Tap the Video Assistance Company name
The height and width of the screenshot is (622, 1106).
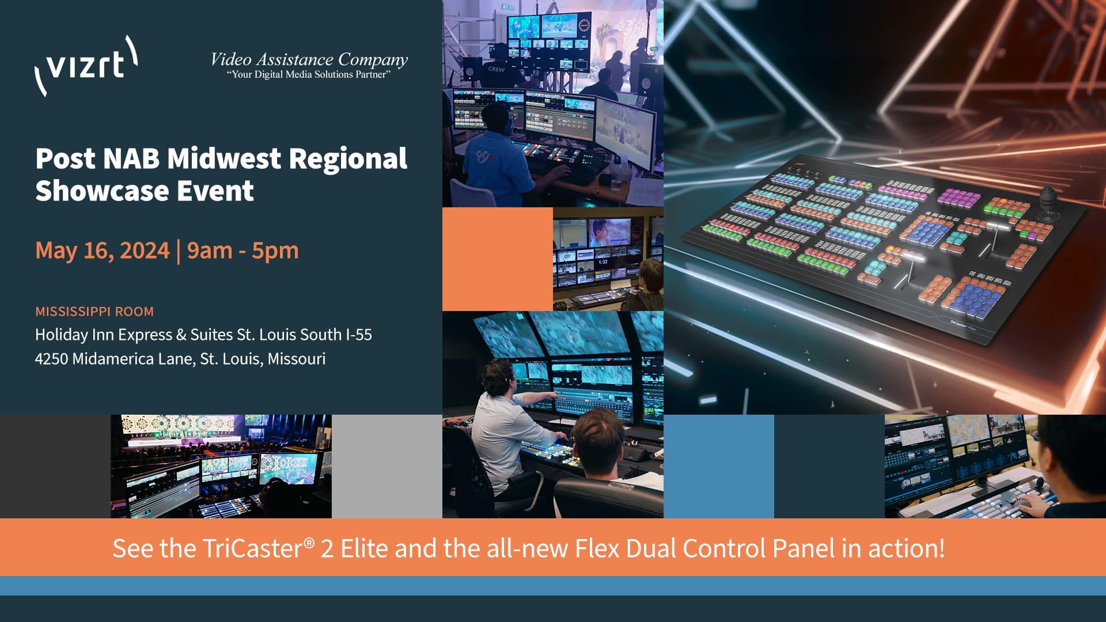(309, 59)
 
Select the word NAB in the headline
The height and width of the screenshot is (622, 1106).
(131, 158)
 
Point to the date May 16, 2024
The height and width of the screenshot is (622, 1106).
(103, 251)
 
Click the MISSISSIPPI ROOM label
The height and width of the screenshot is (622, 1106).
(94, 312)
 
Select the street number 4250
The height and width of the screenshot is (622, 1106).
(51, 359)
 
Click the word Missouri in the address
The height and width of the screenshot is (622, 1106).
(297, 359)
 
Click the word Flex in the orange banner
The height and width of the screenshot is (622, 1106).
(597, 548)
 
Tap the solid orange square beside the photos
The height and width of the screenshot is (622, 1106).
(498, 259)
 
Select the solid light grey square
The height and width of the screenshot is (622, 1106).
(387, 466)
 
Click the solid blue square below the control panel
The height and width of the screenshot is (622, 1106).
(719, 466)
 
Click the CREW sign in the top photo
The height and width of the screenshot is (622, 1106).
(496, 69)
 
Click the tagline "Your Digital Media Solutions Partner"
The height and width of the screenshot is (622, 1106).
(309, 75)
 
